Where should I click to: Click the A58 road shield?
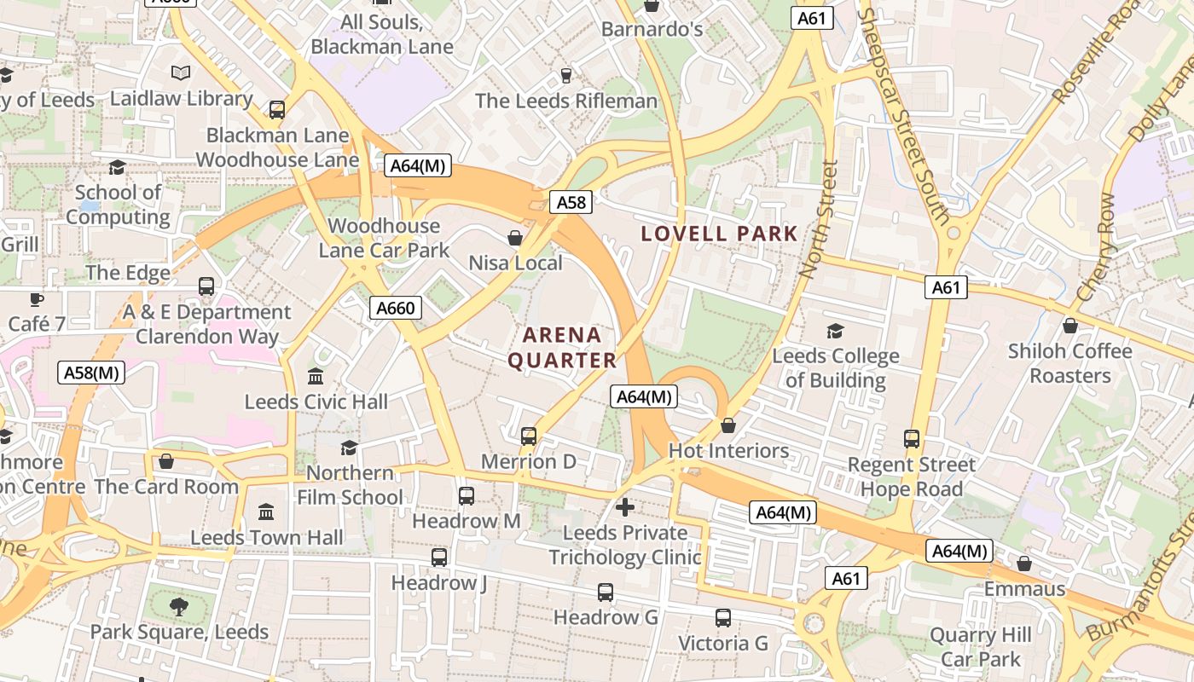[x=571, y=202]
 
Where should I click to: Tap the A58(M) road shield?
[x=91, y=373]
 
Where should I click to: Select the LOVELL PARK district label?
[x=719, y=234]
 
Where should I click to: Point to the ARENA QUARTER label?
[x=562, y=348]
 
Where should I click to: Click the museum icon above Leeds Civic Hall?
[x=316, y=376]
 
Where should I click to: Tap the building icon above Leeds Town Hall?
[x=266, y=511]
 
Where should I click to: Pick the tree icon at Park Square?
[x=179, y=606]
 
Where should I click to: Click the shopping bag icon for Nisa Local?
[x=515, y=237]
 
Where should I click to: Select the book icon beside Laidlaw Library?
[x=181, y=73]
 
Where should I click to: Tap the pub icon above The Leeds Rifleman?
[x=565, y=76]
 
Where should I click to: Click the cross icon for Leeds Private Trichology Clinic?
[x=625, y=507]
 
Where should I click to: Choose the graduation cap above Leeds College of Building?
[x=835, y=331]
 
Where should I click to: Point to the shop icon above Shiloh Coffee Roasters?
[x=1069, y=326]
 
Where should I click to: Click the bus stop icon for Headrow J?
[x=439, y=558]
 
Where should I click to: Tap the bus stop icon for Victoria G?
[x=723, y=618]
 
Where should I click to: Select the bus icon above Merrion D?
[x=529, y=436]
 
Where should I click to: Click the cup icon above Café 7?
[x=36, y=299]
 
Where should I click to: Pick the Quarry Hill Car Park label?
[x=981, y=647]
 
